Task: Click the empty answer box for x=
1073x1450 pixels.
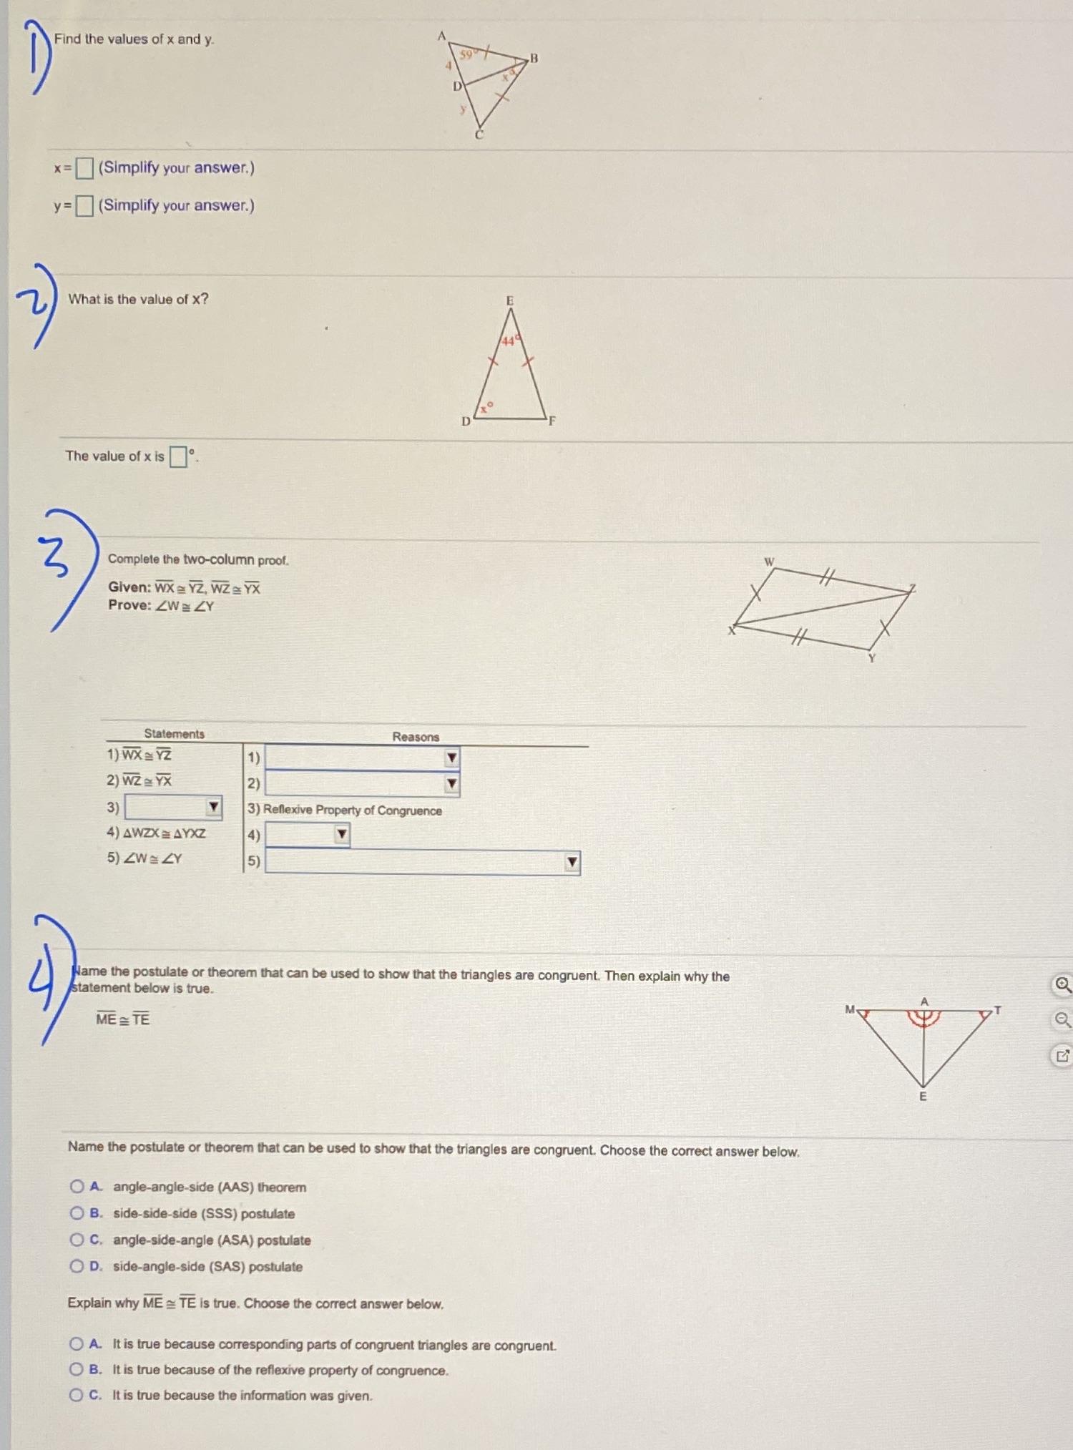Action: pos(84,168)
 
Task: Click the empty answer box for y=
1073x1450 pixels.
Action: pos(84,206)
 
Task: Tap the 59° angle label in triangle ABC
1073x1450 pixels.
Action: pos(466,54)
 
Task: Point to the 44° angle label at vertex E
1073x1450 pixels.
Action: pos(509,341)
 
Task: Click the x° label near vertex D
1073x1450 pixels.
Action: pos(486,408)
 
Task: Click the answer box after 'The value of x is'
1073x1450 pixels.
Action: pos(178,456)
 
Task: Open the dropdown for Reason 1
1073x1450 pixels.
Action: pos(451,758)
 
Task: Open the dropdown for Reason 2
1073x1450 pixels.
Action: pos(451,783)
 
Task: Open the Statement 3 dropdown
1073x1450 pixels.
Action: pos(213,808)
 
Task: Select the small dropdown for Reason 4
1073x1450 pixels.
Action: pos(342,834)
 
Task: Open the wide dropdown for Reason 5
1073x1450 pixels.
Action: pos(572,862)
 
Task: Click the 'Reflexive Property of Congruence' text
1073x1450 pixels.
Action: pos(352,810)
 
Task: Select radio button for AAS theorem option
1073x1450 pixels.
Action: pos(77,1187)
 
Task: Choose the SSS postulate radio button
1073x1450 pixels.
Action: pos(77,1213)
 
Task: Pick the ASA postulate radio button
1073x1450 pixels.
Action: pos(77,1240)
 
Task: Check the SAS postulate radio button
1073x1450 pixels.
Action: pos(77,1266)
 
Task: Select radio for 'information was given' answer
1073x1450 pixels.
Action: pos(76,1395)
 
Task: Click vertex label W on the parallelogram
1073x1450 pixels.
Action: pos(769,562)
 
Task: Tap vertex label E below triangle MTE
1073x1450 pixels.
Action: pos(923,1097)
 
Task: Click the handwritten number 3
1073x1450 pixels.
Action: pos(56,559)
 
